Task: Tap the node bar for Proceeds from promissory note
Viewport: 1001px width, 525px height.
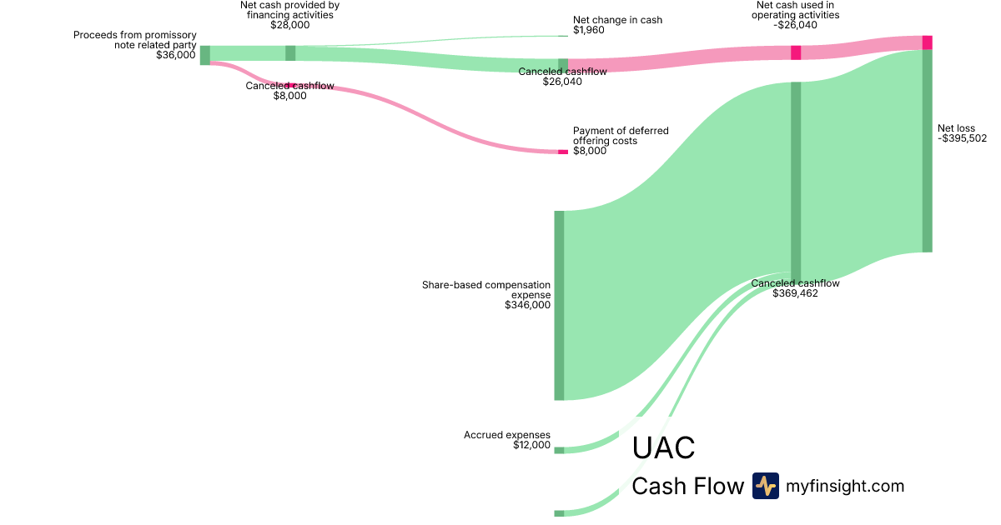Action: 204,55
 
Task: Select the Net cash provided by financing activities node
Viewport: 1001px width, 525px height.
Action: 290,53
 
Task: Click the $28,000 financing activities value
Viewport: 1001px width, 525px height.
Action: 289,25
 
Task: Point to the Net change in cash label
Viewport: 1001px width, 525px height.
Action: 617,20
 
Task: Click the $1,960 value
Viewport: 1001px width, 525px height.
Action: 590,30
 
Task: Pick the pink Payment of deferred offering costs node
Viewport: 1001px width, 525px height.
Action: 562,152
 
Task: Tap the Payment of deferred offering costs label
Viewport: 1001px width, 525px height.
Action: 620,136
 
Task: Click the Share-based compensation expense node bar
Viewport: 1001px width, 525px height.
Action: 559,305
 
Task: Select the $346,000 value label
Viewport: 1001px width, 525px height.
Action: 527,305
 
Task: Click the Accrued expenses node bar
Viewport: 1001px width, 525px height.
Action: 559,450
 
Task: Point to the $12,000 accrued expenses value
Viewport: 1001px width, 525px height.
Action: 531,445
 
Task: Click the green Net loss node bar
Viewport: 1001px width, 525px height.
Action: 927,150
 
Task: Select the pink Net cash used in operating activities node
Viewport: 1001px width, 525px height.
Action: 796,52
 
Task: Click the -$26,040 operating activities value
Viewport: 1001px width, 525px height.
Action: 795,25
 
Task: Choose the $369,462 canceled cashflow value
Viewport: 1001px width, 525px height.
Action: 795,293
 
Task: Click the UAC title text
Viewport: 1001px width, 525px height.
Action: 663,448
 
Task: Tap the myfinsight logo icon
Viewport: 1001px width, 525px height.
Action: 765,486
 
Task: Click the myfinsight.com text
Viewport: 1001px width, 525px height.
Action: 845,486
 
